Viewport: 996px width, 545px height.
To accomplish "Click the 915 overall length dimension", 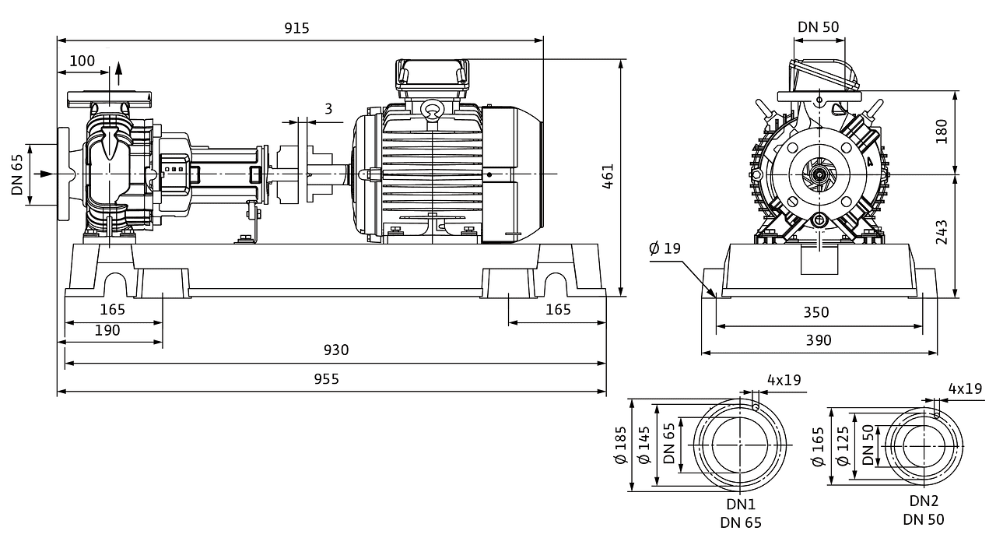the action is click(x=296, y=28).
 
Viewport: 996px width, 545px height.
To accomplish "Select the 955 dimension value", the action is click(x=326, y=379).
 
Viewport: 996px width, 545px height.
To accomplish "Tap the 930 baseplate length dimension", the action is click(x=336, y=350).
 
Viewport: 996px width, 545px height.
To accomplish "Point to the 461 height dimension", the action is click(x=608, y=176).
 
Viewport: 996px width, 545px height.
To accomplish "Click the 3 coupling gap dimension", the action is click(x=328, y=108).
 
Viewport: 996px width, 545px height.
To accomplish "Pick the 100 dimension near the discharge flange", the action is click(x=82, y=61).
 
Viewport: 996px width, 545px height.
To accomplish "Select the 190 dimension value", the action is click(x=107, y=330).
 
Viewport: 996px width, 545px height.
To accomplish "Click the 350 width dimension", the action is click(x=816, y=312).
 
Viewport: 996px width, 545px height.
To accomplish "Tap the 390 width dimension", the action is click(x=819, y=340).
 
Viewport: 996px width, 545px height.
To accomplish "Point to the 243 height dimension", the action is click(x=942, y=232).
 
